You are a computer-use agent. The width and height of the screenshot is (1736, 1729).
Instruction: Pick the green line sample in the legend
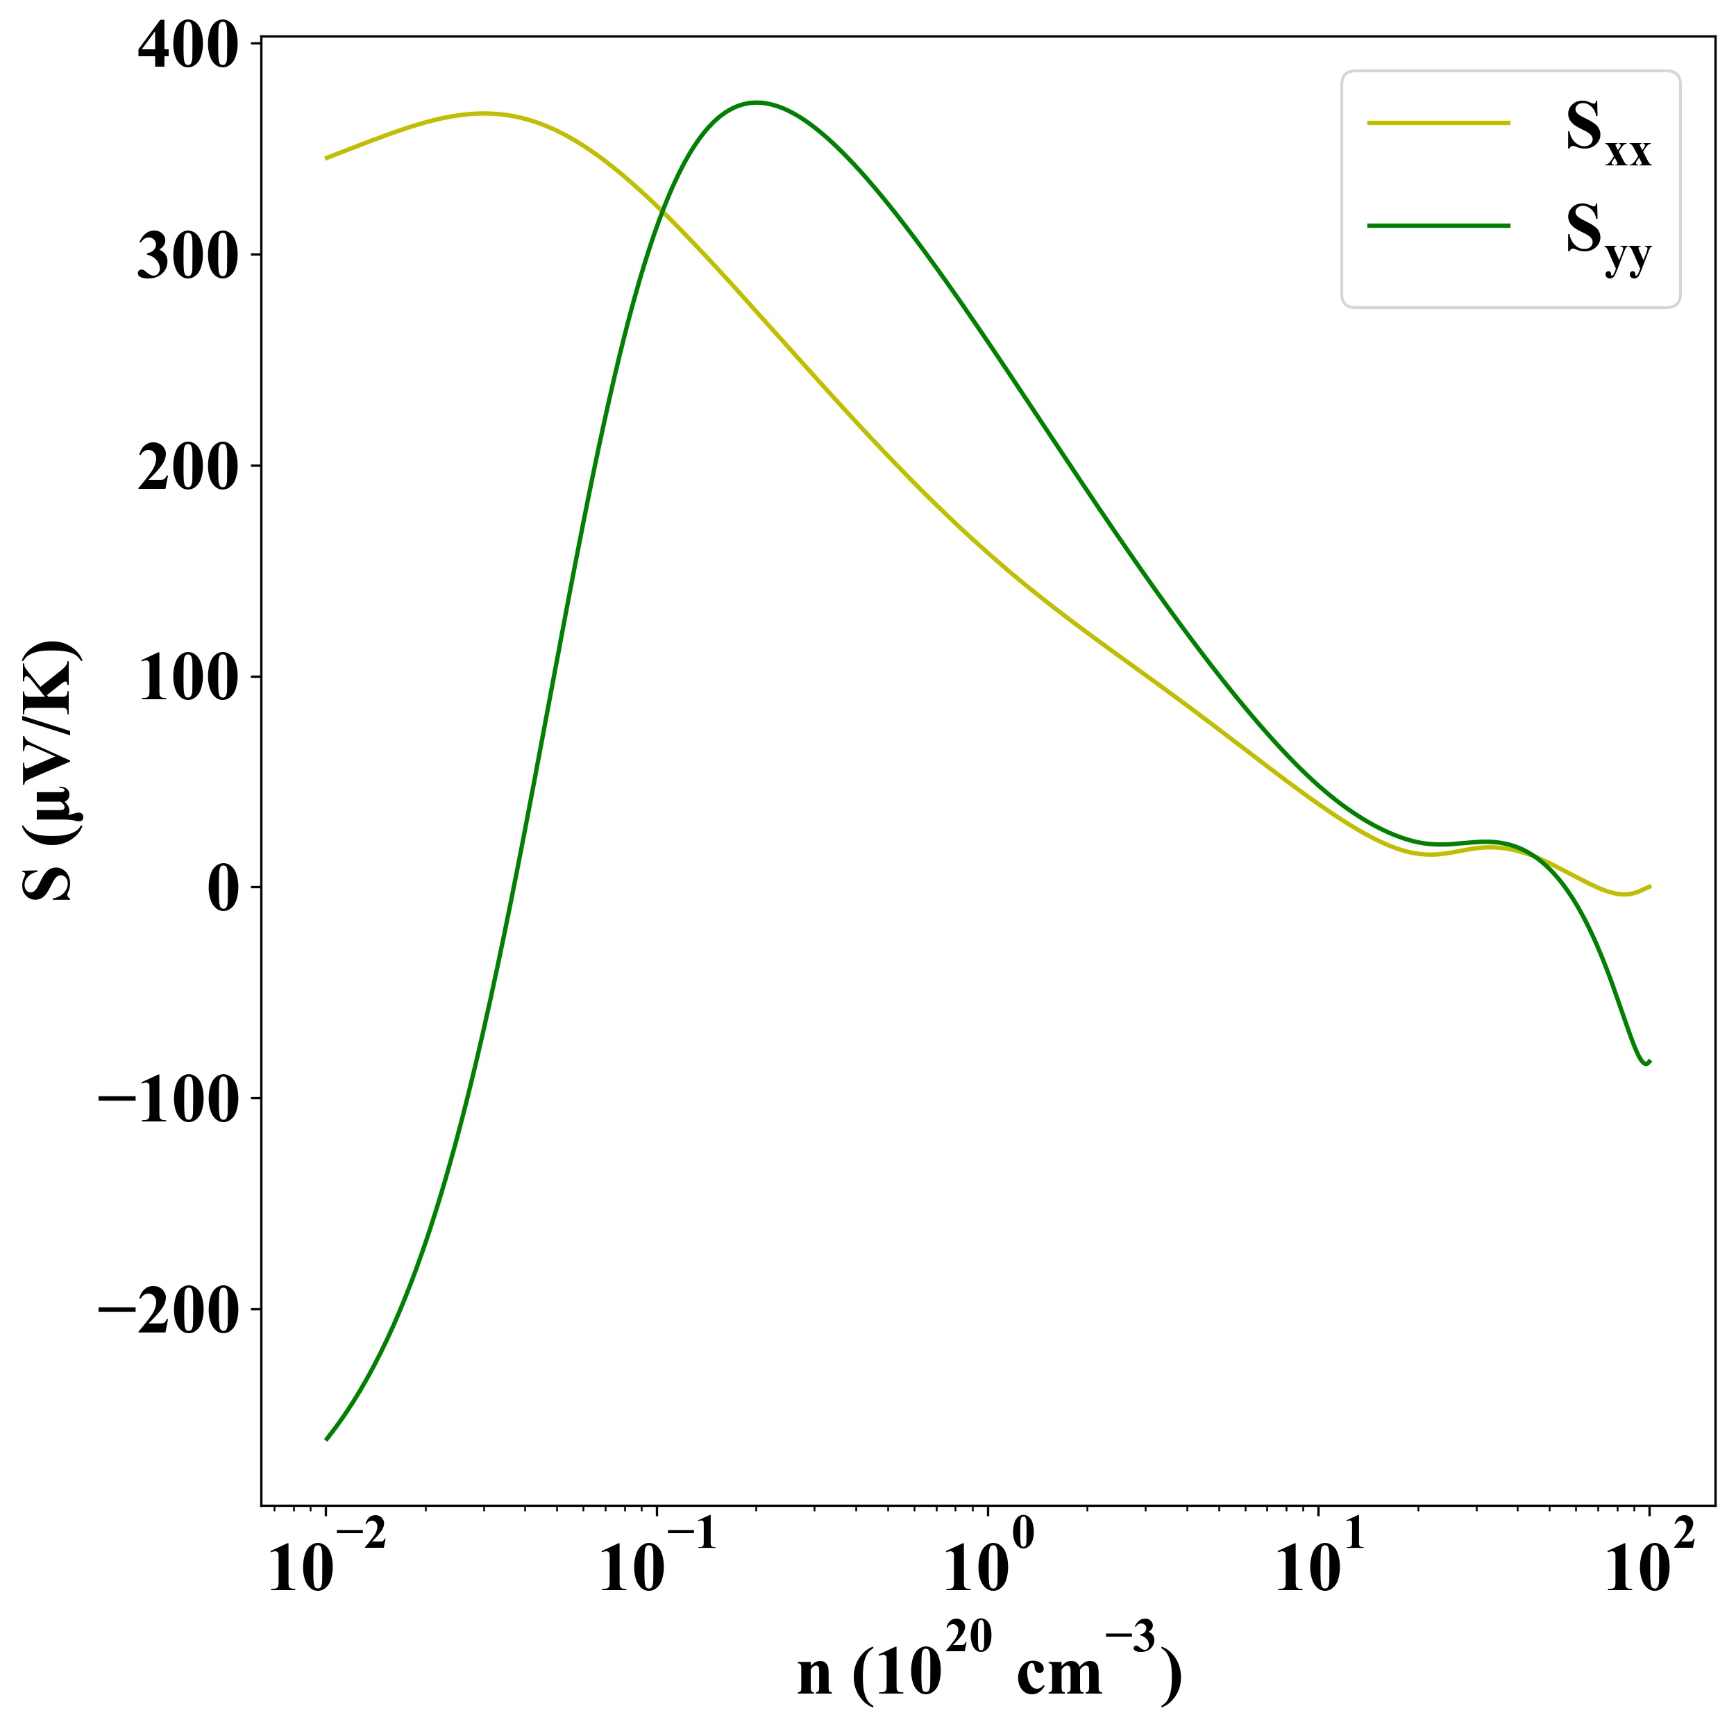(1438, 226)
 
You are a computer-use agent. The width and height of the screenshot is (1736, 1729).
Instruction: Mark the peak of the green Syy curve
(757, 103)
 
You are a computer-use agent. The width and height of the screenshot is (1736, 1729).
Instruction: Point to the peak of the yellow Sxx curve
(483, 114)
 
